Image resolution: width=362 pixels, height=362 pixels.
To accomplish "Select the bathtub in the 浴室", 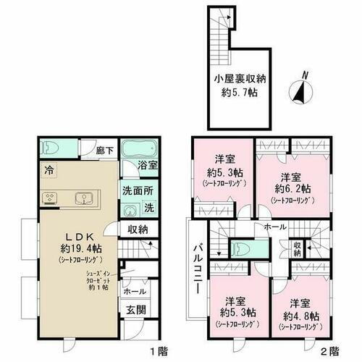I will [135, 151].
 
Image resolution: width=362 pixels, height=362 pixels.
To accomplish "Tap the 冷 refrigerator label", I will [48, 172].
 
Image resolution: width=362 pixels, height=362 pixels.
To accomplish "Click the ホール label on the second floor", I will [275, 227].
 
